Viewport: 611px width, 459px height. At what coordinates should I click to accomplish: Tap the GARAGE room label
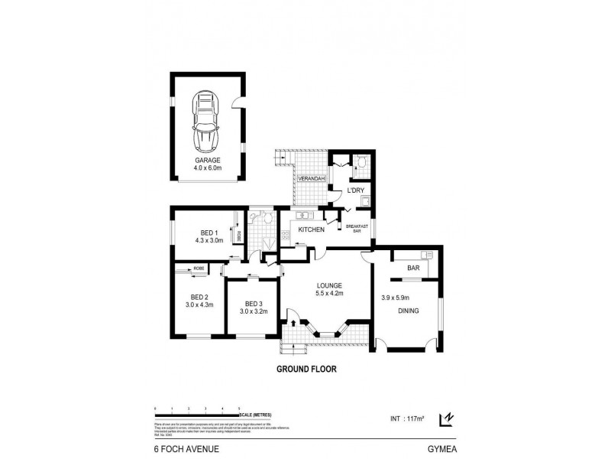[207, 161]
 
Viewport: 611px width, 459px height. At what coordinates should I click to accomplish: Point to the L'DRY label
[355, 190]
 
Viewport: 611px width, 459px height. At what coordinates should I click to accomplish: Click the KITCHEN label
[312, 229]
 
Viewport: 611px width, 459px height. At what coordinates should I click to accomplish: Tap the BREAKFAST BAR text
[357, 228]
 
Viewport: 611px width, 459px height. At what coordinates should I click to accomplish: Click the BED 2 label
[199, 297]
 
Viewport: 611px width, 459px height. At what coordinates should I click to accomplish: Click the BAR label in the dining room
[413, 269]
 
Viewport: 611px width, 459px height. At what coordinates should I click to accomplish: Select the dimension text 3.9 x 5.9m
[396, 298]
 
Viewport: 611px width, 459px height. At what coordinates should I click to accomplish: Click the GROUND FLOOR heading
[305, 368]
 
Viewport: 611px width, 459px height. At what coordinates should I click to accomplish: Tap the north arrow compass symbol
[446, 418]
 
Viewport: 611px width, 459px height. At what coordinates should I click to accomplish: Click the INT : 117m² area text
[405, 418]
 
